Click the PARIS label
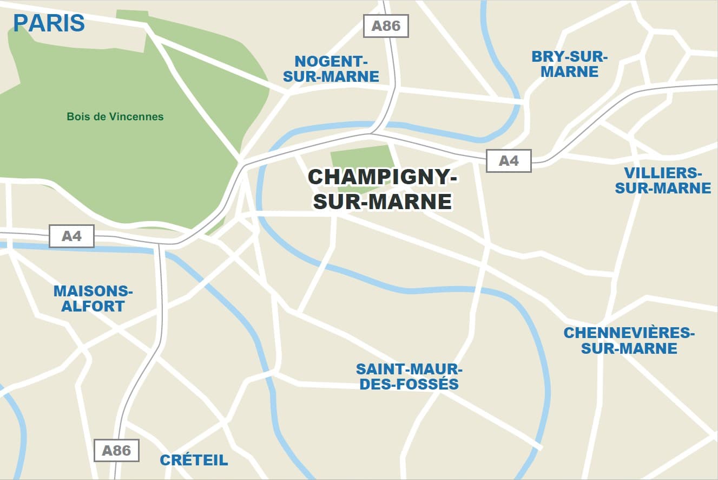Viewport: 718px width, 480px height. coord(49,23)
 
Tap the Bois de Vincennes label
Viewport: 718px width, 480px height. coord(115,116)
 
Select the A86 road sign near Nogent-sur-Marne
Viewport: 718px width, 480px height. coord(386,26)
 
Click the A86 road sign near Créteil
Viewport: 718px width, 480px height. coord(116,450)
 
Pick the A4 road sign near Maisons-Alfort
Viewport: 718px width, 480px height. coord(71,236)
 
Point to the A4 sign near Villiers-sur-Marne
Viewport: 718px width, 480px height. coord(509,160)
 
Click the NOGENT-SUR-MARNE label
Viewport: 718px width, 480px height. coord(331,69)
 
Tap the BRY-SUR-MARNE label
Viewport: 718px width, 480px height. coord(570,64)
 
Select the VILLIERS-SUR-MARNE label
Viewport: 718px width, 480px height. coord(663,180)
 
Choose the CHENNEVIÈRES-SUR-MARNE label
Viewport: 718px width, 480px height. coord(629,340)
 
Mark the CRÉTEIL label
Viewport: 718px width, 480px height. coord(194,460)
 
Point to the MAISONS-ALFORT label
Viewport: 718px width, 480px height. coord(93,299)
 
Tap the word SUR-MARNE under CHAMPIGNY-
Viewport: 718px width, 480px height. coord(383,202)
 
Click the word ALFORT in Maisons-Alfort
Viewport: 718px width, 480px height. coord(93,306)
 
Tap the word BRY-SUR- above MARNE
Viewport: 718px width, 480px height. coord(570,56)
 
